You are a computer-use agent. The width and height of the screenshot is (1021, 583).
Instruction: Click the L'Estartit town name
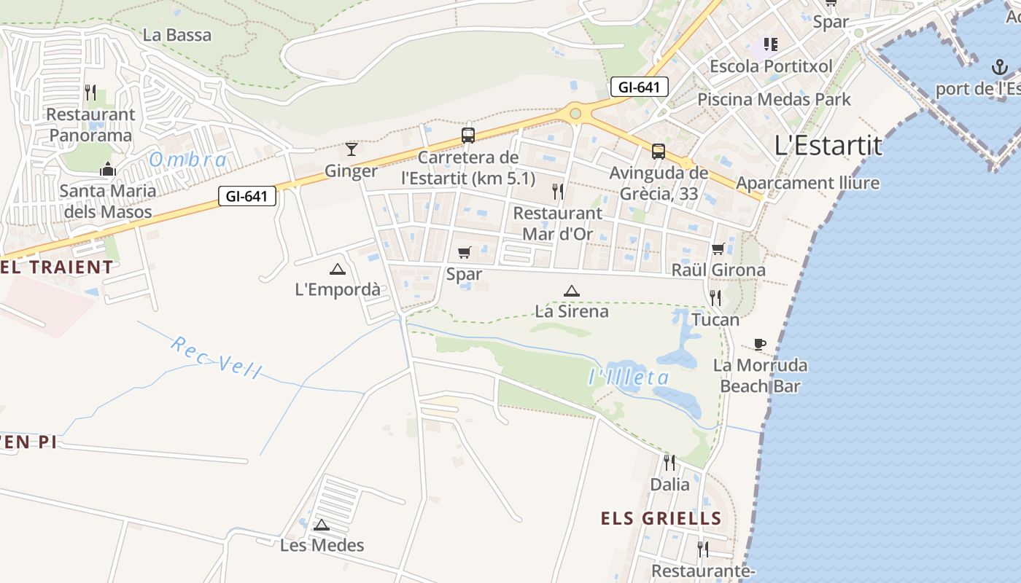828,146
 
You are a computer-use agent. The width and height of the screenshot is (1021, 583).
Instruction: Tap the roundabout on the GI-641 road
575,113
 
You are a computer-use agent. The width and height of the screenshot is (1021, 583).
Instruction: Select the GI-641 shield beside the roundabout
639,87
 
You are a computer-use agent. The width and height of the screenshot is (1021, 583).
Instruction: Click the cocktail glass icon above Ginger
352,149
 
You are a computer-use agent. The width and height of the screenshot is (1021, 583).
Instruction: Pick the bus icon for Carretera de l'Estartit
468,135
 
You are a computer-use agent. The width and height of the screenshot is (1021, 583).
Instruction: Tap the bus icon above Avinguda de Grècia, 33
659,152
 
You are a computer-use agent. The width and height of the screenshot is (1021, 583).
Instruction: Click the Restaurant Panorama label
91,125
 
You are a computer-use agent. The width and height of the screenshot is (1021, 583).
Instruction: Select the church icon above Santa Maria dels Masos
108,170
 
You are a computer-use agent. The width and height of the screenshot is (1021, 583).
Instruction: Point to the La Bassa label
177,35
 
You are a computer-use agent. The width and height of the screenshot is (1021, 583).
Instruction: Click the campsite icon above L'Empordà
337,269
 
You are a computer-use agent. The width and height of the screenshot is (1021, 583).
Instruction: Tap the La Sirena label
572,311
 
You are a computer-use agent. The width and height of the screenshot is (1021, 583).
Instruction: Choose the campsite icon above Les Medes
322,525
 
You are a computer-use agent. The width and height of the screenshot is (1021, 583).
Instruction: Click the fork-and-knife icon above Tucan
715,297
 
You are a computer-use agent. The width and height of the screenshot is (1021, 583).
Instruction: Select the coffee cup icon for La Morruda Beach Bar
760,344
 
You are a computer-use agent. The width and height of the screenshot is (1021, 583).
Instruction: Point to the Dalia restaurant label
669,484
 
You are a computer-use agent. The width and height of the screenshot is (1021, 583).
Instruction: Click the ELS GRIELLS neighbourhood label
661,519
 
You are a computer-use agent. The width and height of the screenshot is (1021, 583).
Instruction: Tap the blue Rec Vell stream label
215,357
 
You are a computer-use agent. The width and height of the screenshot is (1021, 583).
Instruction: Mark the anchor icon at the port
998,68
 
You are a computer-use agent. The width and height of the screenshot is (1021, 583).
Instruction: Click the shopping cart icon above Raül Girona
718,249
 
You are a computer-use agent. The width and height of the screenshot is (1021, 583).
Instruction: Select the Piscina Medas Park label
774,99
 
